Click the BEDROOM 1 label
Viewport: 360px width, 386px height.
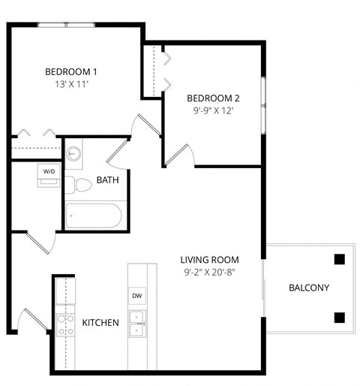coord(71,72)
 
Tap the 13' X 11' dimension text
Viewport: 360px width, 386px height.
coord(71,85)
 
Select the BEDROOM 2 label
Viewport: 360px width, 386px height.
coord(213,98)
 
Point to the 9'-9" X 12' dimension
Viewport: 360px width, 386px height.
coord(213,111)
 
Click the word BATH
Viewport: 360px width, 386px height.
coord(106,180)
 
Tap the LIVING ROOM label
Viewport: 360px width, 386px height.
coord(208,260)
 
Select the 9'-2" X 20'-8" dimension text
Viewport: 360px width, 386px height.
coord(208,273)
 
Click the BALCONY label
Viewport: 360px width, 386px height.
coord(308,288)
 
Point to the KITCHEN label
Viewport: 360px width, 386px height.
coord(100,323)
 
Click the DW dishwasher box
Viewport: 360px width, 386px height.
coord(137,296)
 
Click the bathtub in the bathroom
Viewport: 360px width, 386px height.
coord(94,216)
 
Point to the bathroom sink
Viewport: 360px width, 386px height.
coord(73,154)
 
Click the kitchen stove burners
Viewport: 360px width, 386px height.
coord(64,324)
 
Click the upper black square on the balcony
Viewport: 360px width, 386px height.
coord(339,260)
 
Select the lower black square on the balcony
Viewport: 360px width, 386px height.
coord(339,317)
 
